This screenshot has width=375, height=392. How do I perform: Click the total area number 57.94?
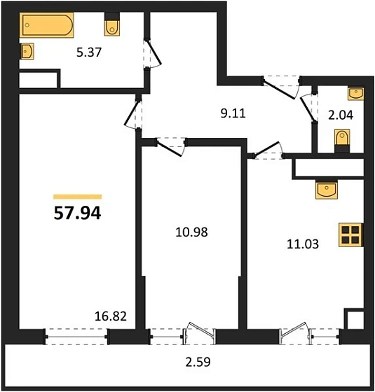click(77, 213)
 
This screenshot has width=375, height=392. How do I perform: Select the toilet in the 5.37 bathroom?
click(111, 26)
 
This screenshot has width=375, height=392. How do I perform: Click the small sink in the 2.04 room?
click(355, 92)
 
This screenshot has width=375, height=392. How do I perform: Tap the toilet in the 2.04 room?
click(342, 141)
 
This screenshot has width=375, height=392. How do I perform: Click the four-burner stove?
click(348, 235)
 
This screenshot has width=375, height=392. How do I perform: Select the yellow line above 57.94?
click(77, 197)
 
